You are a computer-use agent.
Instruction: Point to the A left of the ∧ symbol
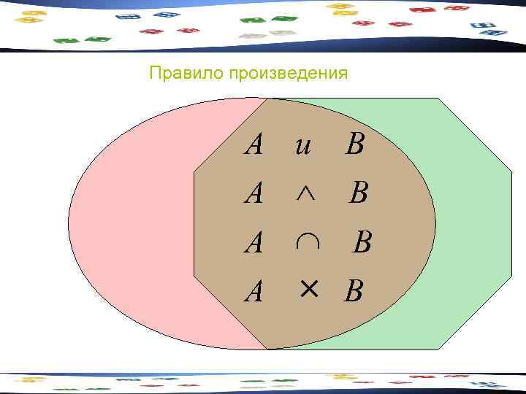point(254,194)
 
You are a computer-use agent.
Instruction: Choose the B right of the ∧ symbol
point(358,193)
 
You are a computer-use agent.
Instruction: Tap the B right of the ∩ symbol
point(362,242)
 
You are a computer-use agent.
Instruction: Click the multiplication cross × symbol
point(308,290)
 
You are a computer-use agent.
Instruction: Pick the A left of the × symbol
point(254,292)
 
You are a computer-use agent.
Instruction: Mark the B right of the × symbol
point(354,292)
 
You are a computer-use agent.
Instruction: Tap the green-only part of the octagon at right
point(468,219)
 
